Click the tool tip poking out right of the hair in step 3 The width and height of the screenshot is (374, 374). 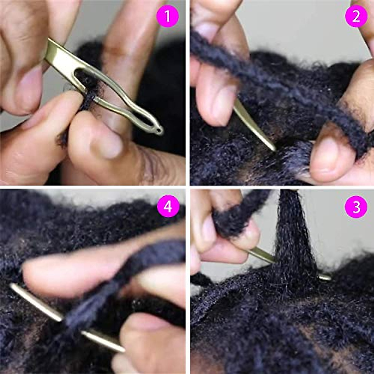click(x=326, y=277)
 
